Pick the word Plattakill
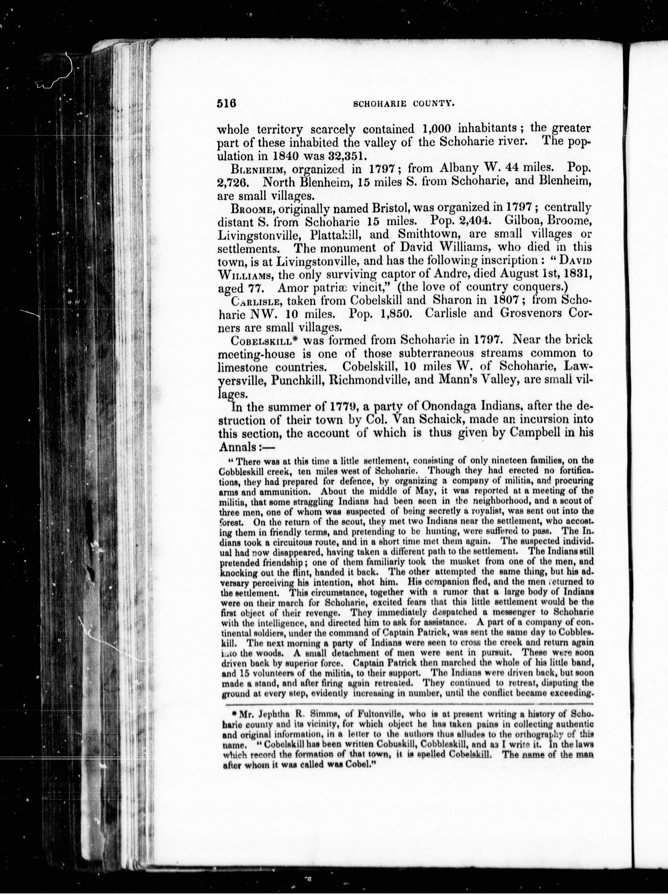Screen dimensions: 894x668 [x=338, y=234]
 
